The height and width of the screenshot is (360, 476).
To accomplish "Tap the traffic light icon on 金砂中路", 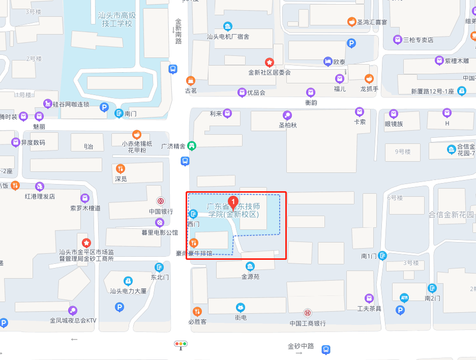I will coord(181,344).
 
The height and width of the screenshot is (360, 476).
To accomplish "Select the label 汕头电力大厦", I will coord(128,291).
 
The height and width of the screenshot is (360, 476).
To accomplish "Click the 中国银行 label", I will coord(161,212).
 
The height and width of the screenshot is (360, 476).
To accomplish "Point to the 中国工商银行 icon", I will coord(308,313).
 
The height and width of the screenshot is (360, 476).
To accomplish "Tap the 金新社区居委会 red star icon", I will coord(270,62).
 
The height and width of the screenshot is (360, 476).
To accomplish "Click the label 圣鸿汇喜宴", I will coord(372,22).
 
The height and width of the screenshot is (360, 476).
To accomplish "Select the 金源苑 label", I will coord(250,277).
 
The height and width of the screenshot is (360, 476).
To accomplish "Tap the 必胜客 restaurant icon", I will coord(197,311).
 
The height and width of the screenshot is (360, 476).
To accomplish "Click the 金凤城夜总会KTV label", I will coord(73,320).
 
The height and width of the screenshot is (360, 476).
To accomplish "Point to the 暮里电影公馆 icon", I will coord(160,223).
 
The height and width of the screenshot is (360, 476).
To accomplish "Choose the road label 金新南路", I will coord(178,32).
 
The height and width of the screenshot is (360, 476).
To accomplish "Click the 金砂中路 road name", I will coord(301,346).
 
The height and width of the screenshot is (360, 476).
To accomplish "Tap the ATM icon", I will coord(404,297).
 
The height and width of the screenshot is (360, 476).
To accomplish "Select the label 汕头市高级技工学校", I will coord(116,19).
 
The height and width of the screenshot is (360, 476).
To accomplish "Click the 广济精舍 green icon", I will coord(192,145).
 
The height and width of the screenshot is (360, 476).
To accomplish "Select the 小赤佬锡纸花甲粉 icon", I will coord(136,134).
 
